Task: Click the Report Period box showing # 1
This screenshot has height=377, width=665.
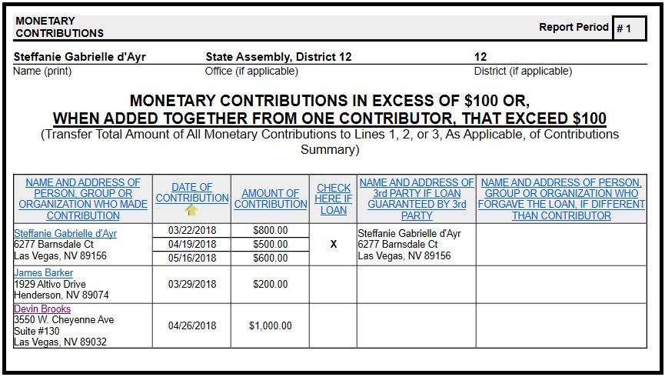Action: pos(629,28)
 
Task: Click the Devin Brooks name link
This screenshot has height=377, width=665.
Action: pos(42,309)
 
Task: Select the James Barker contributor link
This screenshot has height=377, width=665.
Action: pos(44,273)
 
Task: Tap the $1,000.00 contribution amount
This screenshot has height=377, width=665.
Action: pos(270,326)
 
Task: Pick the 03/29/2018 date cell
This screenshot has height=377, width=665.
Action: pos(191,285)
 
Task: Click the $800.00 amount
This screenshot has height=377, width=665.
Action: pos(270,230)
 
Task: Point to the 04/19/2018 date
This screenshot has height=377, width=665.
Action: pos(191,245)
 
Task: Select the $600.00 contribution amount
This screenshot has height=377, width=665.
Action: pos(270,259)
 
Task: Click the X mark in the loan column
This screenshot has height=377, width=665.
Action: pos(333,244)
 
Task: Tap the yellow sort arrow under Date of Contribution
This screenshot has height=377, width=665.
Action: pos(191,209)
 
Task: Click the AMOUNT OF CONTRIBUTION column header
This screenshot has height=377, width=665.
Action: pos(270,199)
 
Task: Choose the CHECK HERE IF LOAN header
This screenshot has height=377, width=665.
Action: pos(333,199)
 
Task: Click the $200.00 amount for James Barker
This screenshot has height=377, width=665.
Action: pos(270,285)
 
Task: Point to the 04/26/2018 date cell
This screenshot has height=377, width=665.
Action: pos(191,326)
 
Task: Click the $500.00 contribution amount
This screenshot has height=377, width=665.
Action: pos(270,245)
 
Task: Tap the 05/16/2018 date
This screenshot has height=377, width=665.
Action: pos(191,259)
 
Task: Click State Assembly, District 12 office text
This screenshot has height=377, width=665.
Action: pos(278,57)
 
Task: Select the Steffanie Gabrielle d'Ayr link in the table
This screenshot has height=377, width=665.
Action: pos(65,233)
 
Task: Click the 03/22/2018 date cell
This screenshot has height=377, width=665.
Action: pos(191,230)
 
